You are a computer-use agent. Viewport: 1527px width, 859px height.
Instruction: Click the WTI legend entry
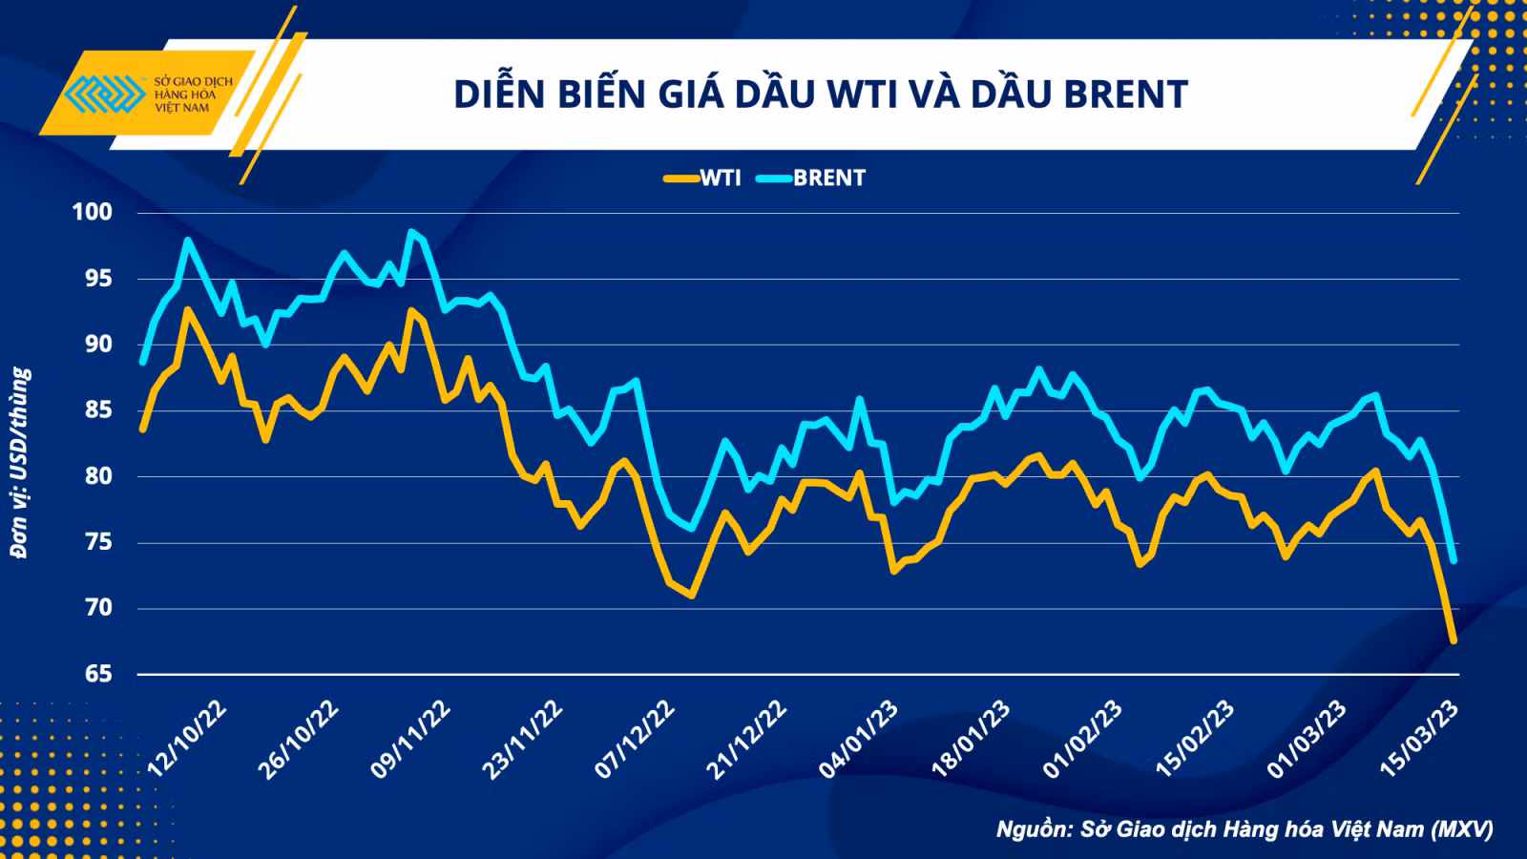click(702, 178)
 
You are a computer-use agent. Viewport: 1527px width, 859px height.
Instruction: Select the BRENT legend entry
click(811, 178)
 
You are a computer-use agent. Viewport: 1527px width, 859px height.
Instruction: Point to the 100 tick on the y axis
click(93, 212)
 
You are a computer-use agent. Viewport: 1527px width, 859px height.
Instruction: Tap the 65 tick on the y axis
click(98, 674)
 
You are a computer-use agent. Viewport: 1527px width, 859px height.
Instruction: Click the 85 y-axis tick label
click(98, 410)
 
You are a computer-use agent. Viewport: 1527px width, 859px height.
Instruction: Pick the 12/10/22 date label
click(187, 739)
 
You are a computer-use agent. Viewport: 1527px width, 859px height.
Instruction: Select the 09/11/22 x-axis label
click(410, 739)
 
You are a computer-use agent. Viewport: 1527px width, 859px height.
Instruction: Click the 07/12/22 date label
click(635, 739)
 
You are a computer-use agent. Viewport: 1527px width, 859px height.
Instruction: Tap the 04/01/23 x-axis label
click(858, 739)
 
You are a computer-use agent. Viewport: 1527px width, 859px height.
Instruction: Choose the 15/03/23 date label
click(1418, 739)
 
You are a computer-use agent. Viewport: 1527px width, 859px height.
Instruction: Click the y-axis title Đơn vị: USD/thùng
click(20, 464)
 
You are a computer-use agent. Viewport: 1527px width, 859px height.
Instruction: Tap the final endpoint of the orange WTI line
click(1453, 640)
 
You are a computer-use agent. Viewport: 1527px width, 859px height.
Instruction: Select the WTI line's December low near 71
click(692, 596)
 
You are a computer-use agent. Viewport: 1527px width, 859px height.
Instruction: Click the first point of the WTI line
click(142, 429)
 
